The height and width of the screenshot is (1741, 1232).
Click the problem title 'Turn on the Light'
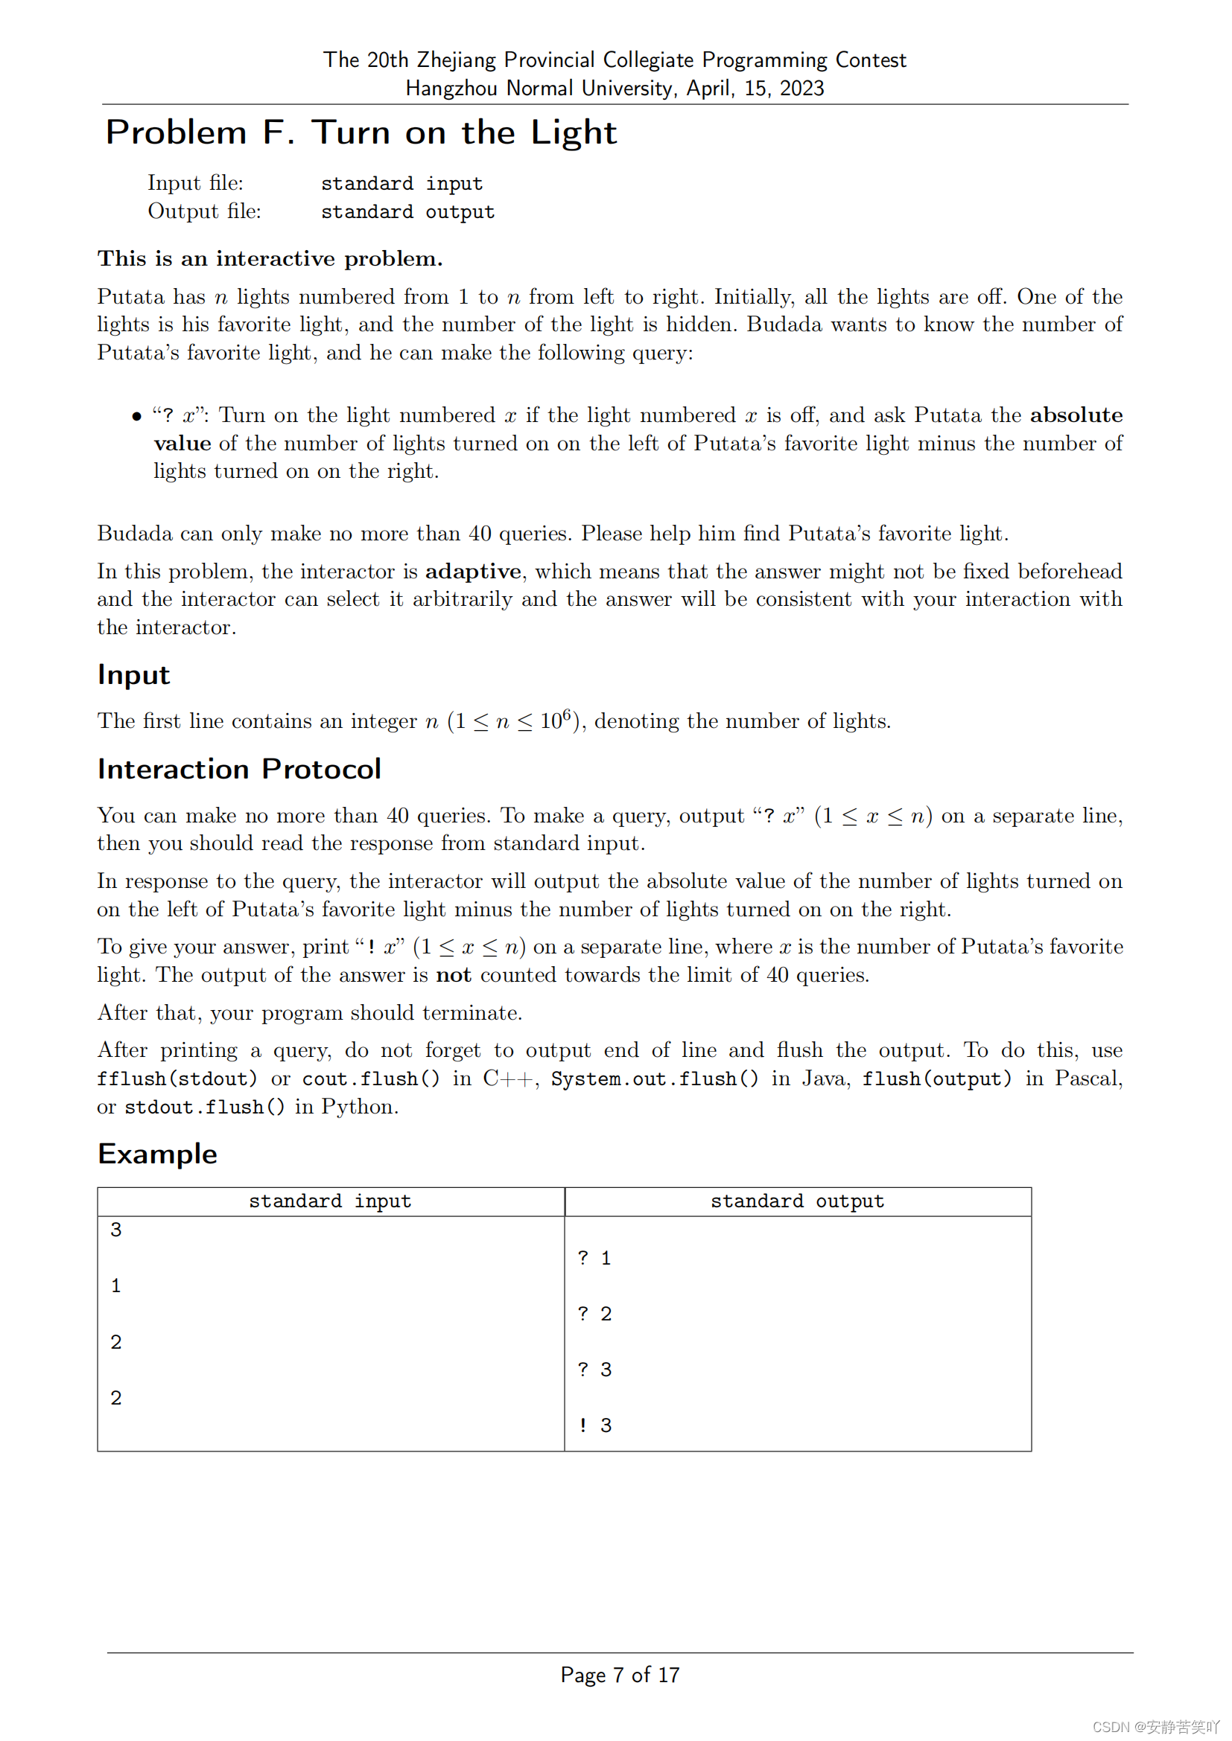464,132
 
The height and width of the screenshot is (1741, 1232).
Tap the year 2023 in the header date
801,89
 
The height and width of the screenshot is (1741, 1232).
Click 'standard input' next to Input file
401,184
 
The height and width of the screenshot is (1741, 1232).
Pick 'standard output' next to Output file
407,212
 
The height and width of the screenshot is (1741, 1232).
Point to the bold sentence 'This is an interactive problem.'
270,259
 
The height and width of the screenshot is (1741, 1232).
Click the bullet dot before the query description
136,416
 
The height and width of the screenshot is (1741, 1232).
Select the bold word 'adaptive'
473,572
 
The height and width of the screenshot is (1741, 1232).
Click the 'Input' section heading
133,675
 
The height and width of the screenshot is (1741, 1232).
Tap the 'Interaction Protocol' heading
239,769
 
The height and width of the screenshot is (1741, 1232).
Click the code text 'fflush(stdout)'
177,1079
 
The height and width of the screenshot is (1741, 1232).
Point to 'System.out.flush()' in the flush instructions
654,1079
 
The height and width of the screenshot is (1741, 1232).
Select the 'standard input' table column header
330,1202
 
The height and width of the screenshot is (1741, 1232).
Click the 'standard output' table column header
797,1202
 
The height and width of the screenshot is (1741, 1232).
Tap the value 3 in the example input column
116,1230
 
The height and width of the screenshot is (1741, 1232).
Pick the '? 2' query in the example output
594,1314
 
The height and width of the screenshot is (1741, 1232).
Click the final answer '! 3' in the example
594,1425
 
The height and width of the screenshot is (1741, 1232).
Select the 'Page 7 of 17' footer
620,1675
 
